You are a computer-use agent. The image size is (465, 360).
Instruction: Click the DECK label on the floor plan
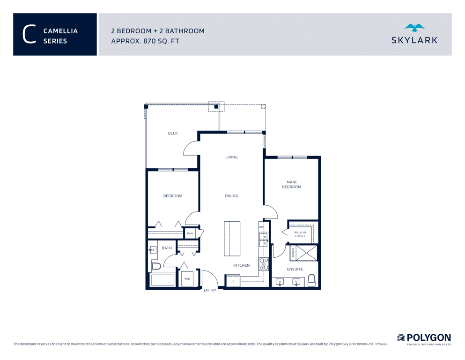(x=173, y=133)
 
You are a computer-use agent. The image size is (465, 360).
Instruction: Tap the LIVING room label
(x=231, y=157)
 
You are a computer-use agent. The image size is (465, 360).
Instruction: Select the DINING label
(x=231, y=196)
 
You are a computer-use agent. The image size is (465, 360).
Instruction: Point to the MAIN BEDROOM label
(x=292, y=184)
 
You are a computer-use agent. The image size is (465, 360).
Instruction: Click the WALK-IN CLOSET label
(x=300, y=234)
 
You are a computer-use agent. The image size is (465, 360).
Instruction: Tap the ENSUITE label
(x=295, y=269)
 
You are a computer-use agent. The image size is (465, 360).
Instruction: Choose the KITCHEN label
(x=241, y=265)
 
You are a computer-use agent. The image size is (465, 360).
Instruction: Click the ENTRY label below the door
(x=210, y=290)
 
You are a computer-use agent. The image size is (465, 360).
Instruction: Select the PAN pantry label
(x=190, y=233)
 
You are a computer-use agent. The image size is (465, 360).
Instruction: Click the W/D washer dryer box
(x=187, y=278)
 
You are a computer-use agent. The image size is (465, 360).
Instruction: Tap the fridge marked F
(x=233, y=281)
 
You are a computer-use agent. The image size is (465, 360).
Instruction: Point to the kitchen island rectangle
(x=232, y=239)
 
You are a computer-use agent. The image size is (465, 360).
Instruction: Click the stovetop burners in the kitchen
(x=264, y=264)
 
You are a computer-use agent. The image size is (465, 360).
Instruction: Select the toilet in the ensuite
(x=311, y=280)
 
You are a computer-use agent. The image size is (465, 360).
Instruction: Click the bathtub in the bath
(x=162, y=280)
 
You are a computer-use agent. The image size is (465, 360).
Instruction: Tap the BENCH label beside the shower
(x=293, y=253)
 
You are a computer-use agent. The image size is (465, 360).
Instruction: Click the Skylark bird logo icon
(x=414, y=28)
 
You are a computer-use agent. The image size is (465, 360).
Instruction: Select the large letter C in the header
(x=30, y=34)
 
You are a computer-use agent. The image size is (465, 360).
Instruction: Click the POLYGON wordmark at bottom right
(x=428, y=337)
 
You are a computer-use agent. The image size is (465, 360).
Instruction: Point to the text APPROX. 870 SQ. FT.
(x=146, y=41)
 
